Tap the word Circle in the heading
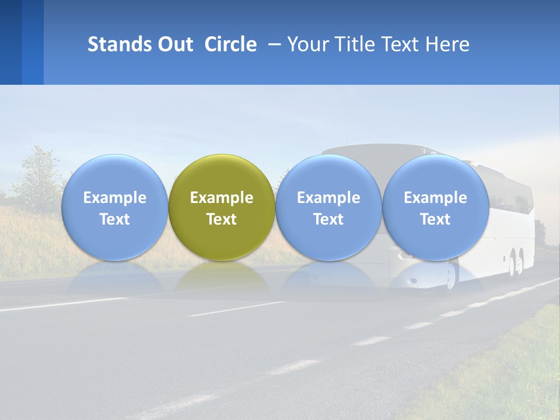point(230,44)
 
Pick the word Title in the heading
point(356,44)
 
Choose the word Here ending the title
point(448,44)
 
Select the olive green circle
point(222,175)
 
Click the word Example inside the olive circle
point(222,198)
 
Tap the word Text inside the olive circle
point(222,219)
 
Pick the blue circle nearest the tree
point(114,175)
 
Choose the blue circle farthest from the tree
point(435,175)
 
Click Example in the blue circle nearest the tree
point(114,198)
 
